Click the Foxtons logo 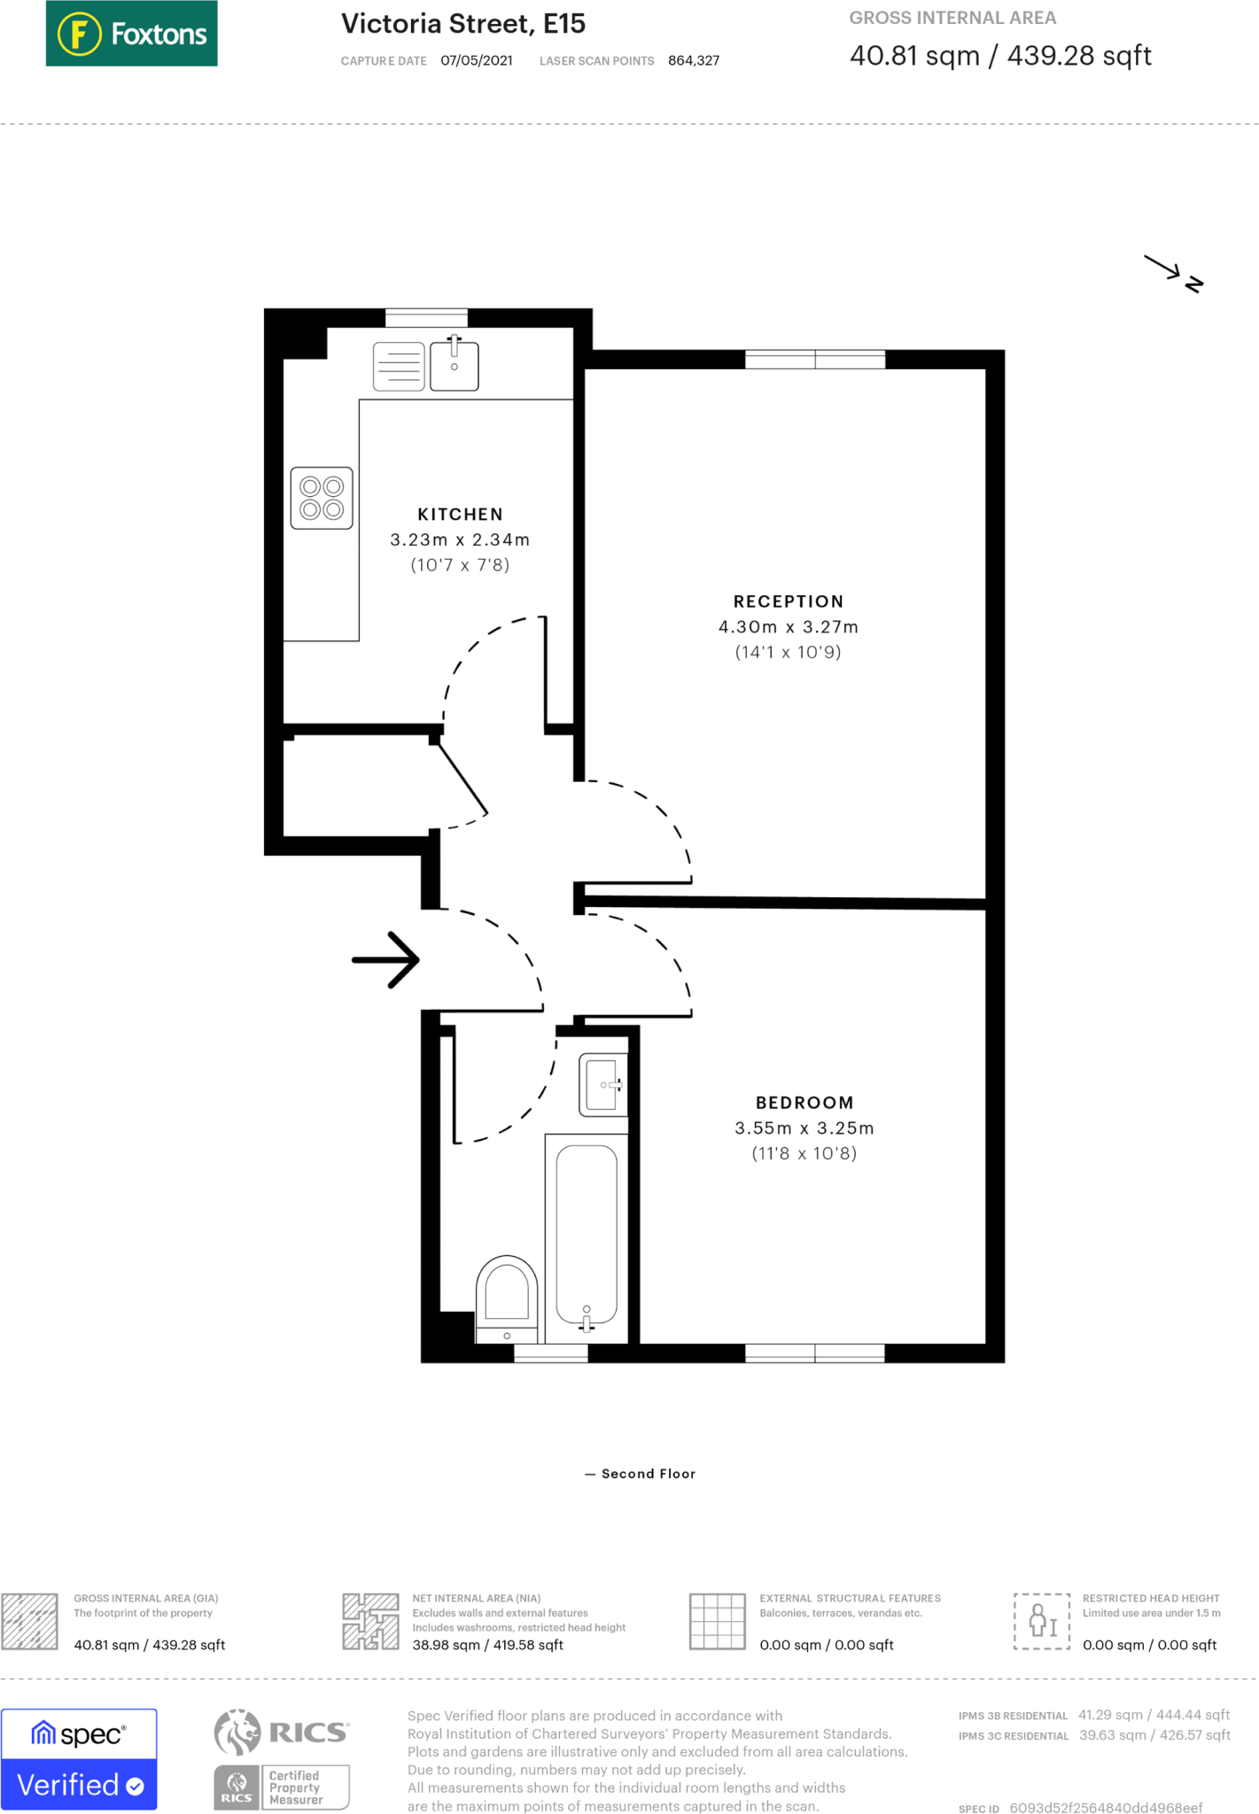click(x=131, y=34)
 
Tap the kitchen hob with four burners click(x=322, y=498)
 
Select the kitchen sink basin click(x=455, y=367)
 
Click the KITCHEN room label click(x=460, y=515)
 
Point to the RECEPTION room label click(x=788, y=601)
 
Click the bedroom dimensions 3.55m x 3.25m click(x=804, y=1128)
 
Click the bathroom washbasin click(x=603, y=1084)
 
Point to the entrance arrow click(x=386, y=959)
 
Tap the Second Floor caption click(x=648, y=1474)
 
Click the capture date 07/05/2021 click(x=476, y=60)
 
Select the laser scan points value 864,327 click(x=693, y=60)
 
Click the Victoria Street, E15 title click(x=463, y=24)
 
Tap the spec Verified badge click(x=79, y=1759)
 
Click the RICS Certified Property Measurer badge click(x=282, y=1759)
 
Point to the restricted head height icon click(x=1042, y=1621)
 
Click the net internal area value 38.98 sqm click(x=487, y=1645)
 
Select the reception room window click(x=814, y=360)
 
